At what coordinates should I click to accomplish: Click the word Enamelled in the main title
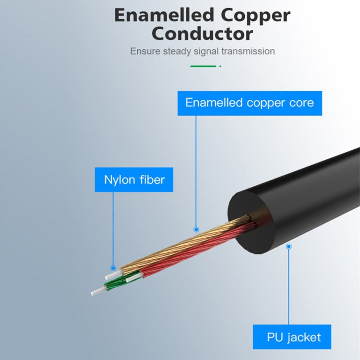pos(164,15)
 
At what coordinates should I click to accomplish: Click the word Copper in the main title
pos(256,15)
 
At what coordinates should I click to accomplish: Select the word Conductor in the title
pos(202,34)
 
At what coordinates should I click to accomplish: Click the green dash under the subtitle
pos(203,66)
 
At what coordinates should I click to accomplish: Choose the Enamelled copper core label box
pos(250,103)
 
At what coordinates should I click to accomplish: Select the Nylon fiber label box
pos(134,180)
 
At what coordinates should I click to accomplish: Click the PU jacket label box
pos(293,337)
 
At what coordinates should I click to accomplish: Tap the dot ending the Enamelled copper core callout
pos(196,230)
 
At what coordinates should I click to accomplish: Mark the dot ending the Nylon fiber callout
pos(113,268)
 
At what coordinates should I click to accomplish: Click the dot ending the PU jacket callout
pos(288,247)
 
